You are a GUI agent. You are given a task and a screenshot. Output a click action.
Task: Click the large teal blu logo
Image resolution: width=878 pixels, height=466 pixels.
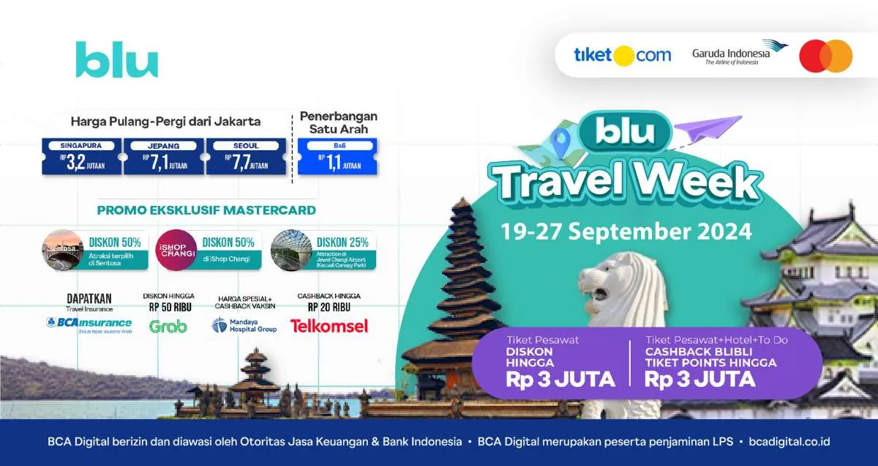pos(117,59)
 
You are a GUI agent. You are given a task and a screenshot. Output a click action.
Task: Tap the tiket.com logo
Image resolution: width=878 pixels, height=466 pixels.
pos(622,55)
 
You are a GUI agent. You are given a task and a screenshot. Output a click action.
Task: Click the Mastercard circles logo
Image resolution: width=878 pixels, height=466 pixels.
pos(825,56)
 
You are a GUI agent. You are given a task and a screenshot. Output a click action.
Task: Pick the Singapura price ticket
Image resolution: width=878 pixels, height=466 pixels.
pos(81,157)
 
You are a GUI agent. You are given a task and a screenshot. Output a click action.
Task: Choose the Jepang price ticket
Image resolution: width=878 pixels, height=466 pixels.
pos(164,157)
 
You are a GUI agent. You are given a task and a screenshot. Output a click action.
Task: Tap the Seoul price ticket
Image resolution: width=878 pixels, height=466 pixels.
pos(246,157)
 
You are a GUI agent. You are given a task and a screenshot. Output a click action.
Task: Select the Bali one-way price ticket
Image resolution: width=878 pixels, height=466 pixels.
pos(337,157)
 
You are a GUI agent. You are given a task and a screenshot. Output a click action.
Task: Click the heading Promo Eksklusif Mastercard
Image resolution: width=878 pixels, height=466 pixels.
pos(206,210)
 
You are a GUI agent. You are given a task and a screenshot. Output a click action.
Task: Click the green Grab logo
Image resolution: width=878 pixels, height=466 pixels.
pos(168,326)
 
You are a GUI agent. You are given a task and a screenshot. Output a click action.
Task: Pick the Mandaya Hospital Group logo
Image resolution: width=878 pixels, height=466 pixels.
pos(244,325)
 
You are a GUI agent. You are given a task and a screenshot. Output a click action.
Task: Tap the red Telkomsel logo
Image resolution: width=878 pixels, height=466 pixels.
pos(329,326)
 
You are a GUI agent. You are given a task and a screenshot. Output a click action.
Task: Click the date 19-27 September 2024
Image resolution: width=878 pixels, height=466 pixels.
pos(626,232)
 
